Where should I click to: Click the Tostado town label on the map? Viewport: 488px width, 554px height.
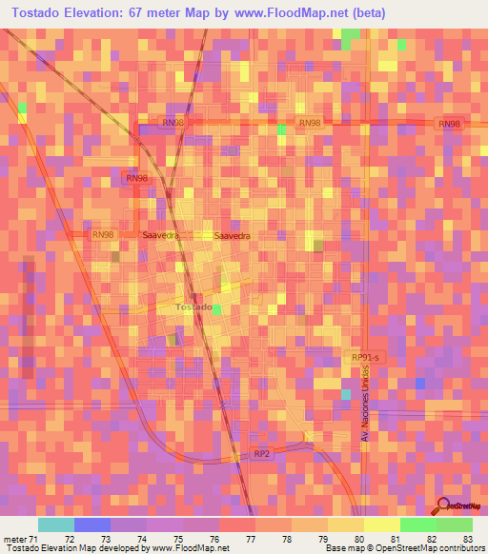click(193, 307)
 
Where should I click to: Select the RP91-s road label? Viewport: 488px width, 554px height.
click(365, 356)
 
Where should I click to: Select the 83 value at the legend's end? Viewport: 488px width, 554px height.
click(467, 540)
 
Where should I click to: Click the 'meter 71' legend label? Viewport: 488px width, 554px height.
click(21, 540)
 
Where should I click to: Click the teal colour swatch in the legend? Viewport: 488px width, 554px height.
click(55, 524)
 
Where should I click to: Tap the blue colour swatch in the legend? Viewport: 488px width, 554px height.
click(91, 524)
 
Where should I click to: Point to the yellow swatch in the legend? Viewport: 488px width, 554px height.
click(381, 524)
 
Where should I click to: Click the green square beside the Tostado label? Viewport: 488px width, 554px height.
click(217, 309)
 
